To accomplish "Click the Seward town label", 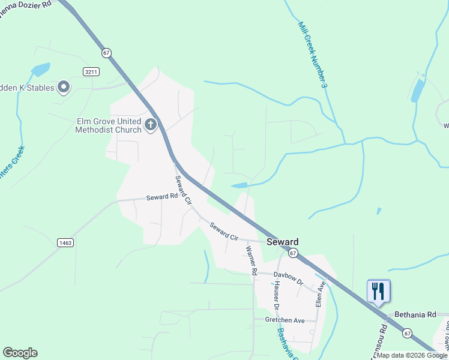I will (282, 242).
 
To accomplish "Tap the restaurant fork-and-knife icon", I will (379, 292).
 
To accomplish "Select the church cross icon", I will (150, 125).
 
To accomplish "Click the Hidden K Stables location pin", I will (64, 88).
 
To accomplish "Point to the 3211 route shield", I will (91, 71).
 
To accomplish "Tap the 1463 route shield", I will (65, 242).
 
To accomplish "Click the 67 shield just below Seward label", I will (292, 254).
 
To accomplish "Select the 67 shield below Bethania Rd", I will (408, 332).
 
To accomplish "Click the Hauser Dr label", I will (275, 295).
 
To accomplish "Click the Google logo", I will (20, 353).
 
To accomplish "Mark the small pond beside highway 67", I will (239, 185).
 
